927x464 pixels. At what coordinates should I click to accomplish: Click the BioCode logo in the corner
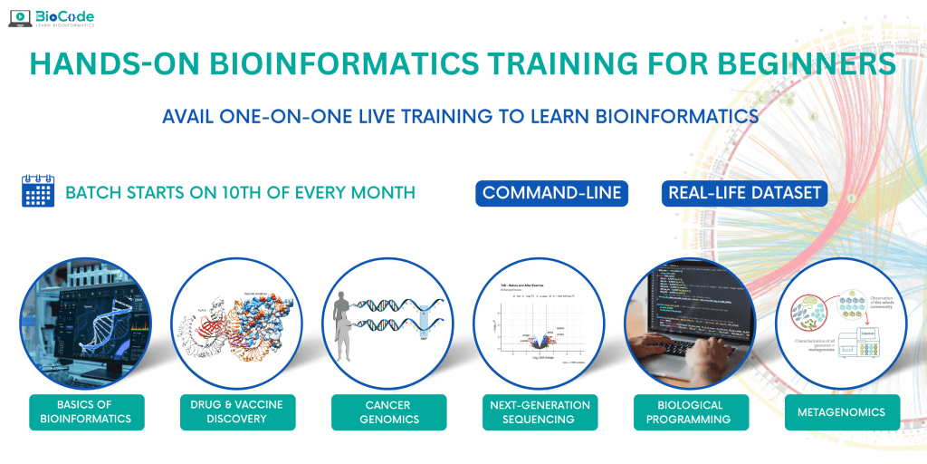click(x=53, y=19)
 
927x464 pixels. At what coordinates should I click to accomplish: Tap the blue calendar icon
click(x=37, y=192)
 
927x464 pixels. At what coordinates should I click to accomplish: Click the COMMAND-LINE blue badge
click(x=552, y=193)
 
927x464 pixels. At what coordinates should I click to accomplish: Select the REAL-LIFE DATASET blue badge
click(x=744, y=193)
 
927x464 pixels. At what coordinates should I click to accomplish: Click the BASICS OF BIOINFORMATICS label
click(x=86, y=411)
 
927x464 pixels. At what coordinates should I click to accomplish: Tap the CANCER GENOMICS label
click(x=387, y=411)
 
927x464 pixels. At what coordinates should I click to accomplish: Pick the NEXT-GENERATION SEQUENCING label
click(x=539, y=411)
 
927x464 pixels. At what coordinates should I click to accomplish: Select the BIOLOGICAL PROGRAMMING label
click(x=690, y=411)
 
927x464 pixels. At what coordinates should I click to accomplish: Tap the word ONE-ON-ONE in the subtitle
click(x=292, y=117)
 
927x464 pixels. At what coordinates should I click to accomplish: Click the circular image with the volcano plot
click(x=539, y=323)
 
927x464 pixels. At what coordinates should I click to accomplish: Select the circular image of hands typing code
click(x=690, y=323)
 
